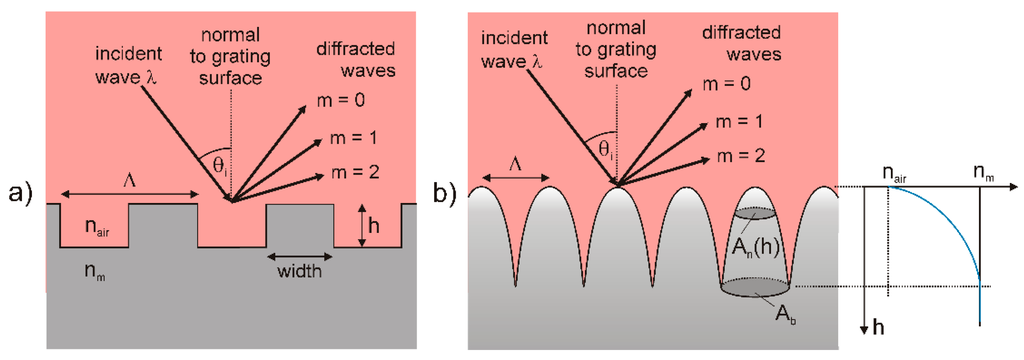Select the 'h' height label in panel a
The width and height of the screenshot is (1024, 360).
(x=371, y=228)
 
